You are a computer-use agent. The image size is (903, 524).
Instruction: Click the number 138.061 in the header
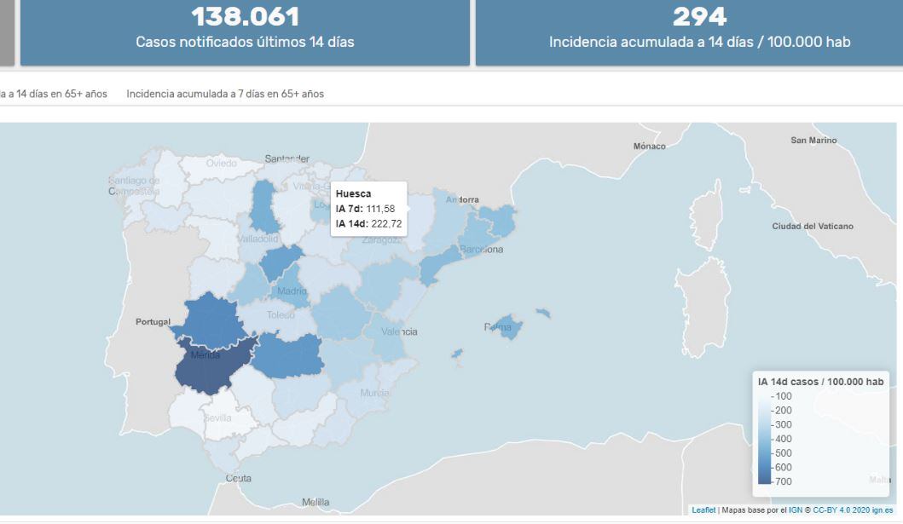(245, 16)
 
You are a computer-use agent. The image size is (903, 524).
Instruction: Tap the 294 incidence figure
(699, 16)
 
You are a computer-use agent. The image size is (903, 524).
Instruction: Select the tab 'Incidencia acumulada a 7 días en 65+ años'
(225, 94)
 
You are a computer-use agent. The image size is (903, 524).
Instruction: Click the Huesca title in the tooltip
(352, 194)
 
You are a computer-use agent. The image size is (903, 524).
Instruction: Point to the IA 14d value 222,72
(386, 224)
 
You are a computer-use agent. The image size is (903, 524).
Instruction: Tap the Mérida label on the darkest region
(205, 355)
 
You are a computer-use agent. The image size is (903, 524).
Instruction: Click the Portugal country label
(153, 322)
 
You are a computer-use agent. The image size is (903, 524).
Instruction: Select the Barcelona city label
(481, 250)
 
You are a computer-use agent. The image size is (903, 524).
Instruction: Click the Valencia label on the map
(399, 331)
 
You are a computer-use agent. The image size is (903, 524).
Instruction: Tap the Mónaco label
(649, 147)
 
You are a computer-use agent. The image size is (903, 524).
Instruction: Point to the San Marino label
(813, 140)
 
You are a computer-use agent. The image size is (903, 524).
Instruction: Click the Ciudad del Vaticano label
(812, 226)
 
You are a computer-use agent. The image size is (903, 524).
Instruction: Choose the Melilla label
(315, 502)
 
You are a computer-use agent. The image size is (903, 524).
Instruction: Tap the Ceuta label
(238, 478)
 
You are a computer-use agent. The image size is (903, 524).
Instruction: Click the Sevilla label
(217, 418)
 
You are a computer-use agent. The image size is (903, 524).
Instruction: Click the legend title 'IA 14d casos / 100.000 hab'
(820, 382)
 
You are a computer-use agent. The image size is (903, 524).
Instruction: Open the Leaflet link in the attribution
(703, 510)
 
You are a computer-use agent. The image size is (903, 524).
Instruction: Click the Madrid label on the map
(292, 291)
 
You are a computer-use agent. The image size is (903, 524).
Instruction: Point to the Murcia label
(375, 393)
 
